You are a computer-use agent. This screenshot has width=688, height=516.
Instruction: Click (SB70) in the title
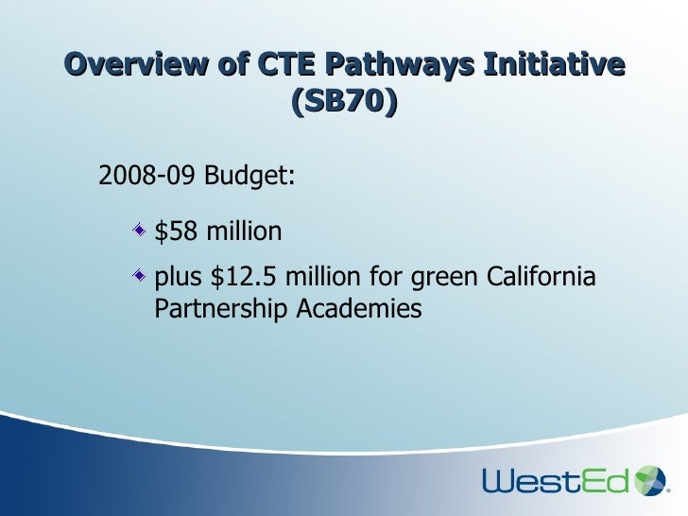point(344,101)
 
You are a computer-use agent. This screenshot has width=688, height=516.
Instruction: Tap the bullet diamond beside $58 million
point(139,230)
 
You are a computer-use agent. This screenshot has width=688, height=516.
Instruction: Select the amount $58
point(172,231)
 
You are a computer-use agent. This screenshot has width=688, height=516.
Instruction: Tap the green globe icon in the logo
point(650,479)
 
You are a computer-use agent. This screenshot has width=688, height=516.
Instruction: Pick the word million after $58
point(238,231)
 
